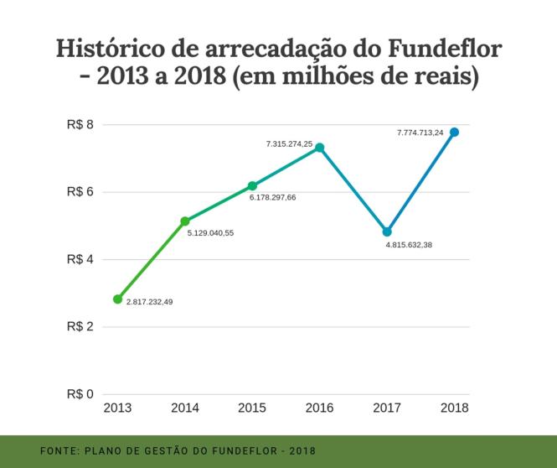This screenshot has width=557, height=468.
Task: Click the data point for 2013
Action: pyautogui.click(x=117, y=299)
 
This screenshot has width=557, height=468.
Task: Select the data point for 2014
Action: pyautogui.click(x=185, y=221)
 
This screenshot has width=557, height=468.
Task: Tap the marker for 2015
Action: pyautogui.click(x=252, y=185)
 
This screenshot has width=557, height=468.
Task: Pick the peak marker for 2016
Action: pyautogui.click(x=319, y=148)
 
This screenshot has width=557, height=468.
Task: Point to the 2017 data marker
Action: pyautogui.click(x=387, y=231)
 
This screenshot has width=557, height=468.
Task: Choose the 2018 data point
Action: pyautogui.click(x=454, y=132)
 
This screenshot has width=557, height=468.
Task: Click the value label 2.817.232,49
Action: pyautogui.click(x=149, y=302)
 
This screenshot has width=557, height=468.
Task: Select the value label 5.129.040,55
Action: pyautogui.click(x=210, y=233)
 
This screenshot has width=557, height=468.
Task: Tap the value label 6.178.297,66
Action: pyautogui.click(x=272, y=197)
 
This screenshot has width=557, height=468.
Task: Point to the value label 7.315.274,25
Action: pyautogui.click(x=289, y=144)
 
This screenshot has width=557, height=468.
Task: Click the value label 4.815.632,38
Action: pyautogui.click(x=409, y=245)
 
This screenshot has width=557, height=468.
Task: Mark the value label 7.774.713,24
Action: pyautogui.click(x=420, y=133)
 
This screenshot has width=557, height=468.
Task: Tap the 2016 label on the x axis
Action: pyautogui.click(x=319, y=408)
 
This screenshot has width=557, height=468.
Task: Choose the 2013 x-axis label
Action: pyautogui.click(x=117, y=408)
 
